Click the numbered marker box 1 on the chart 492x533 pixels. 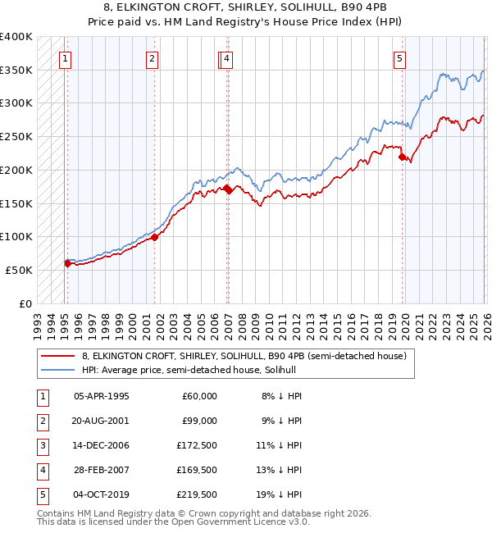pyautogui.click(x=65, y=58)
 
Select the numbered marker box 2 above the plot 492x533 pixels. pyautogui.click(x=153, y=58)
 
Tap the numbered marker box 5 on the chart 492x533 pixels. pyautogui.click(x=399, y=58)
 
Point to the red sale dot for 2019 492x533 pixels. pyautogui.click(x=402, y=157)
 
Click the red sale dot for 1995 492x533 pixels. pyautogui.click(x=67, y=263)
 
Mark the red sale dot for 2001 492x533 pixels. pyautogui.click(x=154, y=238)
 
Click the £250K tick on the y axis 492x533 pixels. pyautogui.click(x=16, y=136)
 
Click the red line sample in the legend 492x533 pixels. pyautogui.click(x=58, y=357)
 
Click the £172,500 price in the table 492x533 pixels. pyautogui.click(x=197, y=445)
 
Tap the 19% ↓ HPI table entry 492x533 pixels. pyautogui.click(x=282, y=494)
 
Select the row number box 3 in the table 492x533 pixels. pyautogui.click(x=41, y=445)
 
